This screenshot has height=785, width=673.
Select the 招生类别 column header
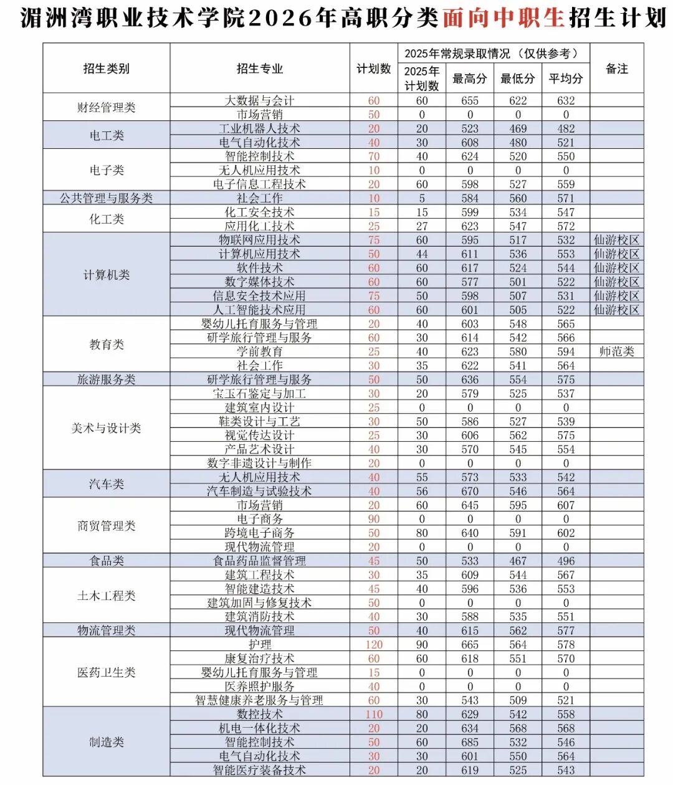coord(107,69)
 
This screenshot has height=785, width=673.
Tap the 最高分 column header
coord(470,78)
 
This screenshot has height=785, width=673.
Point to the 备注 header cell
coord(617,69)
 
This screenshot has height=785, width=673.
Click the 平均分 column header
coord(566,78)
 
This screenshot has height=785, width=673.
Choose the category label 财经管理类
coord(107,107)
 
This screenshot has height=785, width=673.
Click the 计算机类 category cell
coord(107,275)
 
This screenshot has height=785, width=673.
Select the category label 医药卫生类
coord(107,672)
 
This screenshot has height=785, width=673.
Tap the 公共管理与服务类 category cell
coord(107,198)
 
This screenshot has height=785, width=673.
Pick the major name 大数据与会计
coord(259,100)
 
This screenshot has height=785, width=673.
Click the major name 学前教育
coord(259,351)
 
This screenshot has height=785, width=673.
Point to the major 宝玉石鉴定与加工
coord(259,393)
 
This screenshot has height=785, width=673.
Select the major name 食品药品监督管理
coord(259,561)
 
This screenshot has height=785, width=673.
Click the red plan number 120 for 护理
coord(374,645)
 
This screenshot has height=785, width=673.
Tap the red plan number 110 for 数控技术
coord(374,715)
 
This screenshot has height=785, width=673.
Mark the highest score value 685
coord(470,742)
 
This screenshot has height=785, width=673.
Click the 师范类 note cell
coord(617,351)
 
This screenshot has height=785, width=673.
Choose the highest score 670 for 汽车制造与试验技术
coord(470,491)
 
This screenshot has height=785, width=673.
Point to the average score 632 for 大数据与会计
coord(566,100)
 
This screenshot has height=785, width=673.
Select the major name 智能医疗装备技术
coord(259,770)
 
